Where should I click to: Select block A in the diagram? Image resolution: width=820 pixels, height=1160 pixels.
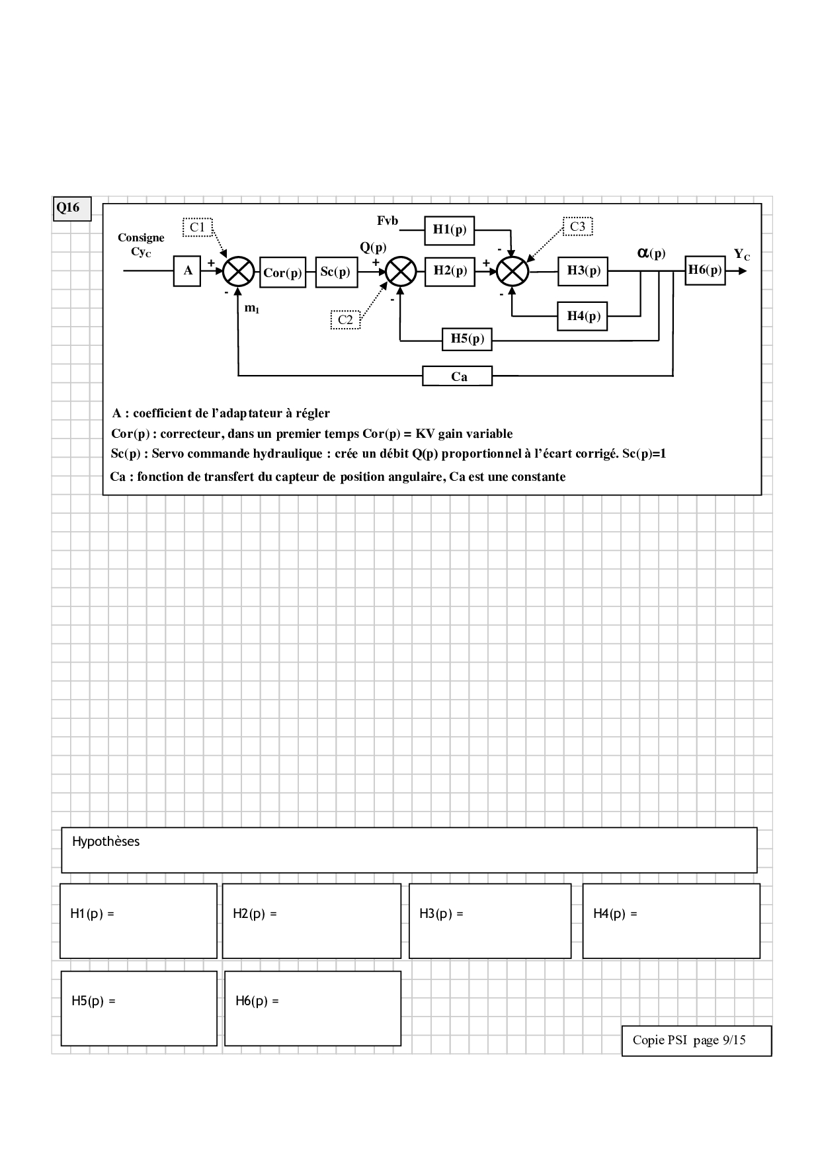pyautogui.click(x=187, y=270)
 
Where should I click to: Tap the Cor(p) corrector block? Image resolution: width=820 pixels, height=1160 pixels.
pyautogui.click(x=282, y=272)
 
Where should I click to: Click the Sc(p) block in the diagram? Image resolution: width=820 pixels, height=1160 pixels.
pyautogui.click(x=336, y=271)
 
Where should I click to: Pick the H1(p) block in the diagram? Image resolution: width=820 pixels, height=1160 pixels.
pyautogui.click(x=450, y=229)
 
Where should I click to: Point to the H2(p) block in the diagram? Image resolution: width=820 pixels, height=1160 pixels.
pyautogui.click(x=450, y=270)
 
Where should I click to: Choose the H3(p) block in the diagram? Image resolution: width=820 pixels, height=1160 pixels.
pyautogui.click(x=583, y=270)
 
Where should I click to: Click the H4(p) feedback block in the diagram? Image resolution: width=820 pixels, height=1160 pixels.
pyautogui.click(x=583, y=316)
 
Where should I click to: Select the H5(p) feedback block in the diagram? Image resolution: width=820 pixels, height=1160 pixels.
pyautogui.click(x=467, y=339)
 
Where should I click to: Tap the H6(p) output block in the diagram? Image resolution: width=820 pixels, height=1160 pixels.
pyautogui.click(x=705, y=270)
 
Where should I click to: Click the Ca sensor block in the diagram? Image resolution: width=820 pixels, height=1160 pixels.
pyautogui.click(x=458, y=376)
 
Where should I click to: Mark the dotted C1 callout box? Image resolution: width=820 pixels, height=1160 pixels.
pyautogui.click(x=197, y=228)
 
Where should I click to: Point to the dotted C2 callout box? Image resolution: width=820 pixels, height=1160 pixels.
pyautogui.click(x=345, y=320)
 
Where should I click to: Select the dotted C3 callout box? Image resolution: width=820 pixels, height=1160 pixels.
pyautogui.click(x=577, y=226)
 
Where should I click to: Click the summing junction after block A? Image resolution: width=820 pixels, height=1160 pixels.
pyautogui.click(x=238, y=271)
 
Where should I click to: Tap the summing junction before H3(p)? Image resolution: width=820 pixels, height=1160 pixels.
pyautogui.click(x=512, y=271)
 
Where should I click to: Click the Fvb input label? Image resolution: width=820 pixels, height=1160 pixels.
pyautogui.click(x=388, y=221)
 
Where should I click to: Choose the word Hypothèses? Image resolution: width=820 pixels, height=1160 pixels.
pyautogui.click(x=106, y=842)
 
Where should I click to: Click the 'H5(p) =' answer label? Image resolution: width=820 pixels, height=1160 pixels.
pyautogui.click(x=93, y=1001)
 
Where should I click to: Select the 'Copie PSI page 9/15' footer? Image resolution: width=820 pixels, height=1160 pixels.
pyautogui.click(x=689, y=1040)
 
